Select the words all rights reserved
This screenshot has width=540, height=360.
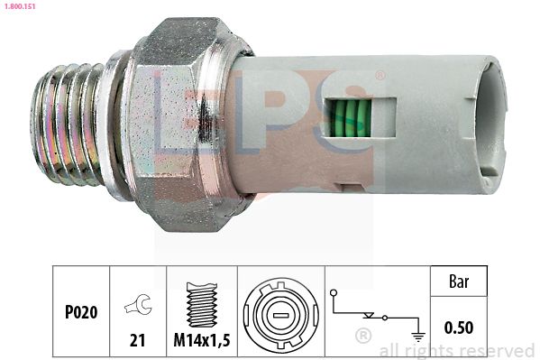pos(456,350)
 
